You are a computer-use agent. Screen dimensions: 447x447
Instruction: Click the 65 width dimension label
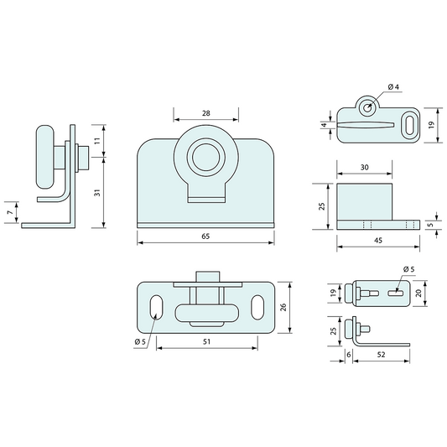[205, 236]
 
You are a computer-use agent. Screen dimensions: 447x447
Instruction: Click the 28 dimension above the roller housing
[205, 113]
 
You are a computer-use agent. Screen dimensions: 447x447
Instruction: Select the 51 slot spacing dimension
[206, 341]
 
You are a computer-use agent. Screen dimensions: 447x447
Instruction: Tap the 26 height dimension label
[283, 307]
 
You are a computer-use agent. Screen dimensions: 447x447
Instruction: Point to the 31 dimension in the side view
[97, 193]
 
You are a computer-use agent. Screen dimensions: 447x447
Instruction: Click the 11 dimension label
[97, 141]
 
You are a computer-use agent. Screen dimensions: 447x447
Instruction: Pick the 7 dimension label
[11, 212]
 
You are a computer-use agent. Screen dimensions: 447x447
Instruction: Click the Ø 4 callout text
[393, 86]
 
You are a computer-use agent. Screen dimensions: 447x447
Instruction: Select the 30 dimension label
[365, 168]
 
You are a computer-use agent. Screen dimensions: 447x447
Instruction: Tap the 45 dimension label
[378, 241]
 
